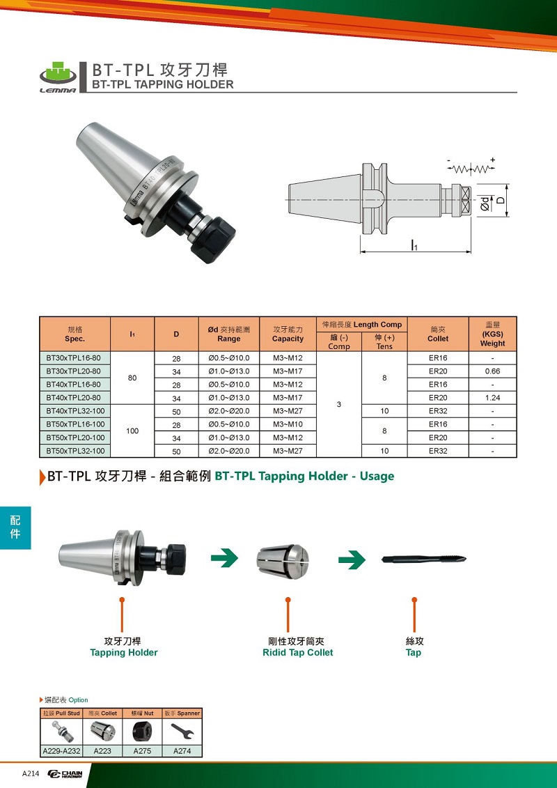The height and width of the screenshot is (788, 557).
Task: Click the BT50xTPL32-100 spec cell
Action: click(x=75, y=451)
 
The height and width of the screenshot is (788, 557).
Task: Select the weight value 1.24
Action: click(x=493, y=398)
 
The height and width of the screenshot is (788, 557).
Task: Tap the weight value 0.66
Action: click(x=493, y=371)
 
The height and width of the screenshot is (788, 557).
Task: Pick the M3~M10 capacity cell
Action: click(x=288, y=424)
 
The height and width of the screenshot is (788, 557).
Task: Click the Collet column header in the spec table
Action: click(x=438, y=334)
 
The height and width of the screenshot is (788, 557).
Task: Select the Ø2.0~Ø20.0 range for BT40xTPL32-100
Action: click(x=229, y=410)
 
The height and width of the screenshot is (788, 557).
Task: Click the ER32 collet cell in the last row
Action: click(x=438, y=451)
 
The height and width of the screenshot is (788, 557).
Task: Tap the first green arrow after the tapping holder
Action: click(x=224, y=558)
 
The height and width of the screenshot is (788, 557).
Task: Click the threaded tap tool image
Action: click(x=424, y=559)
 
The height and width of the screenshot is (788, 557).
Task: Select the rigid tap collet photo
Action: click(x=283, y=559)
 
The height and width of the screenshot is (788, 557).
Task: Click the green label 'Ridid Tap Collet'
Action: click(x=298, y=652)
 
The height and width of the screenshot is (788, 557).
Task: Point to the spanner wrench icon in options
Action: click(x=182, y=731)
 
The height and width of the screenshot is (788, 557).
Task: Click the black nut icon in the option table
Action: click(x=141, y=731)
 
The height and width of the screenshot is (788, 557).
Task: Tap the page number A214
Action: click(x=31, y=773)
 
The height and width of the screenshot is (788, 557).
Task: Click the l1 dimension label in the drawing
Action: click(x=414, y=246)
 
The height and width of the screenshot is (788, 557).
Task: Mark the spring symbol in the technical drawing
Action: click(x=471, y=167)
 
